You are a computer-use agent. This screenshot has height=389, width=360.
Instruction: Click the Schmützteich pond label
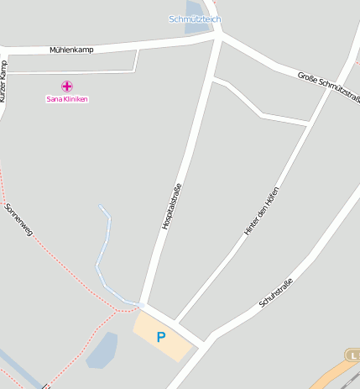coord(195,18)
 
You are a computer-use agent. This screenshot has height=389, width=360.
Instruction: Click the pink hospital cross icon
coord(67,86)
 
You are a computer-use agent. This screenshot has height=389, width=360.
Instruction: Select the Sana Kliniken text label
coord(66,99)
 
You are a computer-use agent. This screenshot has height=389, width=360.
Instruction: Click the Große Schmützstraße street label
coord(328,87)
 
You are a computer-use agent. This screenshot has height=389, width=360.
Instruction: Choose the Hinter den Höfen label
coord(261,210)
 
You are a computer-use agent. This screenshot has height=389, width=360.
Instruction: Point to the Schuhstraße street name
coord(276,292)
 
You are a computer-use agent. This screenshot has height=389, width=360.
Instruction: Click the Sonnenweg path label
coord(18,219)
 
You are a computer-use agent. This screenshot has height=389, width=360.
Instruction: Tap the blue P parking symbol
coord(161,338)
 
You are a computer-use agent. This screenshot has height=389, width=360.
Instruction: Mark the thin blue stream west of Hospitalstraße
coord(102,252)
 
